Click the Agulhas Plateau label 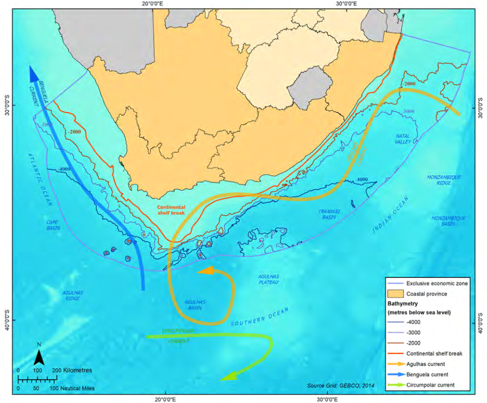269,280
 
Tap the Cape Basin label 53,225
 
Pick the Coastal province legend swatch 396,294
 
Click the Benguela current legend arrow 396,374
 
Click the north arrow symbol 39,356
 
